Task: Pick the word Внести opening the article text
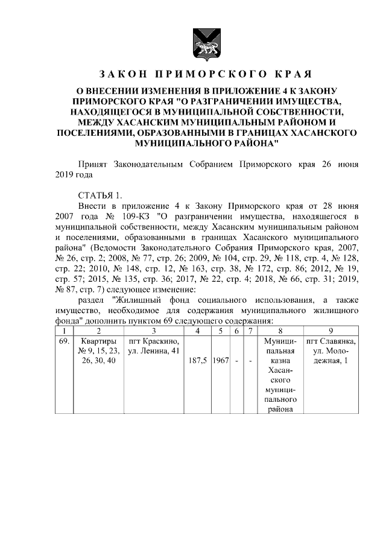(x=92, y=206)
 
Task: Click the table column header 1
(x=63, y=331)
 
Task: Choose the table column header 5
(x=221, y=331)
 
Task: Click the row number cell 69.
(x=63, y=341)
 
